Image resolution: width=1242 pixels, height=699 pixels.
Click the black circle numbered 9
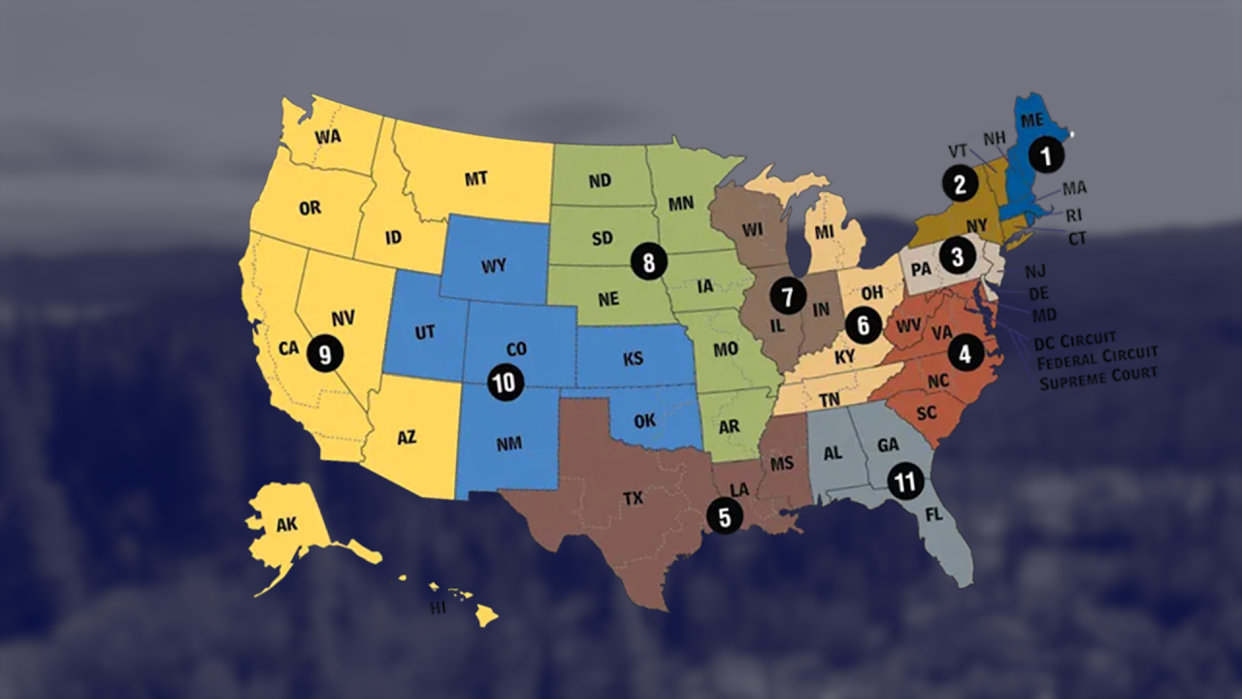point(325,354)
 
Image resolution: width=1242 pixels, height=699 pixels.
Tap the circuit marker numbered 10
point(505,382)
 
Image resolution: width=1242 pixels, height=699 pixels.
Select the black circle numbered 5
point(725,516)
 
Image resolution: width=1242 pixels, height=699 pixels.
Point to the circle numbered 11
point(905,482)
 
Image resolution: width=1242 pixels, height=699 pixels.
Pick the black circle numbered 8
point(648,260)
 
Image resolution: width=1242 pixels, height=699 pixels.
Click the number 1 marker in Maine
point(1045,153)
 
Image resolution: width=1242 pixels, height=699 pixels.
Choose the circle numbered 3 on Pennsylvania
point(958,256)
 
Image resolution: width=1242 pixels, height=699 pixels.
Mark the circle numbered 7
point(788,295)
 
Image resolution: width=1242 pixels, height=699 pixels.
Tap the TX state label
point(633,499)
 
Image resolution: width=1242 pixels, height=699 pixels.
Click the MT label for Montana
point(475,179)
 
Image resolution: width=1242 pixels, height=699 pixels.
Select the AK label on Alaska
point(286,525)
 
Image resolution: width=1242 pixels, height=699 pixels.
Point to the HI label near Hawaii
point(438,609)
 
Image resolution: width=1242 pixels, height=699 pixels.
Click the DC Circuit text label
point(1074,341)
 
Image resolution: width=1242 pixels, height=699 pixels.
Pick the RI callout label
point(1074,216)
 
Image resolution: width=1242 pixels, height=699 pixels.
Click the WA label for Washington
point(328,137)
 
